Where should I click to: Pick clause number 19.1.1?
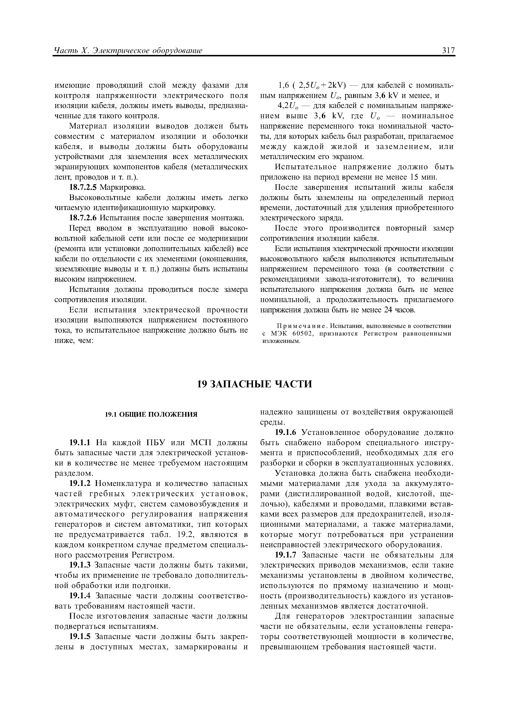point(79,443)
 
